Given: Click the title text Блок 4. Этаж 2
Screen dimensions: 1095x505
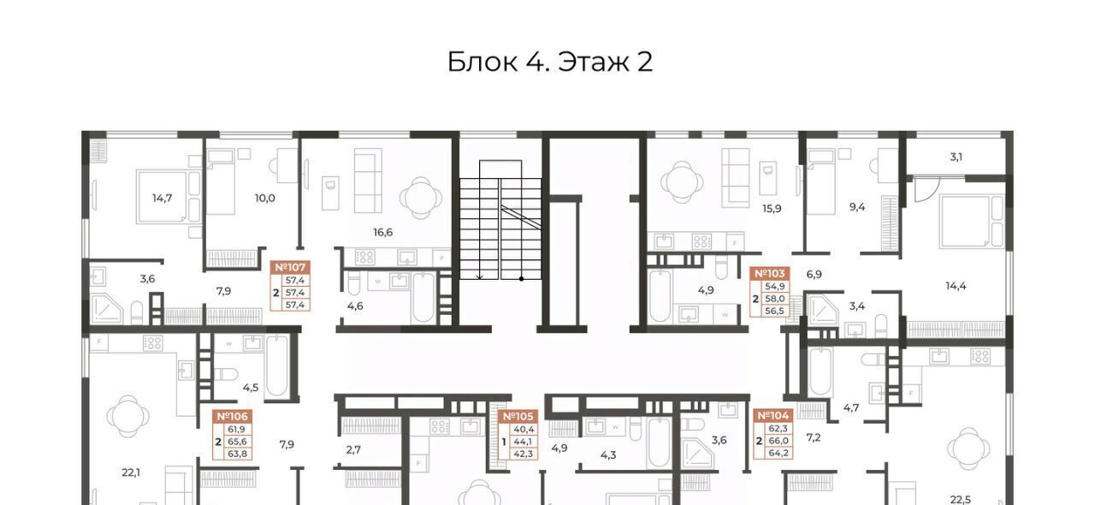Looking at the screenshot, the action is tap(550, 62).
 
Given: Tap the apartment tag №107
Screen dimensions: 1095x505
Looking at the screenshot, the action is tap(290, 267).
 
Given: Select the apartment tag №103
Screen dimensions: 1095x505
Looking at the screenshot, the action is tap(769, 273).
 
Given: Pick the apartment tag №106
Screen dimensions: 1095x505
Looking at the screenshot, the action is tap(232, 417).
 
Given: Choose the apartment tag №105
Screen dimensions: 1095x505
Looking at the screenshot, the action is tap(518, 417).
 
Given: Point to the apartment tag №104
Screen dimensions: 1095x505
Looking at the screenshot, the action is tap(772, 416).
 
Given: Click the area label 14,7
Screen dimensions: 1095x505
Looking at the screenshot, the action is tap(162, 199).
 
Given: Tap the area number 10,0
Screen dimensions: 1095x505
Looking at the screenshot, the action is tap(265, 199).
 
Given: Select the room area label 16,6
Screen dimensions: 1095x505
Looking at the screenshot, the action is tap(382, 233).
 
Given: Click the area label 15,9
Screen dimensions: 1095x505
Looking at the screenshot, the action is tap(772, 209).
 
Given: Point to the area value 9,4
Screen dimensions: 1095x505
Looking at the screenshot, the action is tap(857, 207).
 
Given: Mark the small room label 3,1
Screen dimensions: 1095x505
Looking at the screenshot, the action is tap(956, 157).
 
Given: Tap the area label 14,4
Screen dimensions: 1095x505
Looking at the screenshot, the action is tap(956, 286).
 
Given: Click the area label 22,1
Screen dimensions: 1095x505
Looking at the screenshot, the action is tap(131, 472).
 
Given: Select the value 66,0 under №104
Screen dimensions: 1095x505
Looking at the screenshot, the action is tap(778, 441).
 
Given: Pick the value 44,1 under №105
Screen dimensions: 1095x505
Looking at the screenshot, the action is tap(524, 442).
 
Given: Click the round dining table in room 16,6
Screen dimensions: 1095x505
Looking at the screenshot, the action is tap(421, 198).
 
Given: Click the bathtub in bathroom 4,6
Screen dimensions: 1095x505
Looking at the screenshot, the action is tap(423, 298).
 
